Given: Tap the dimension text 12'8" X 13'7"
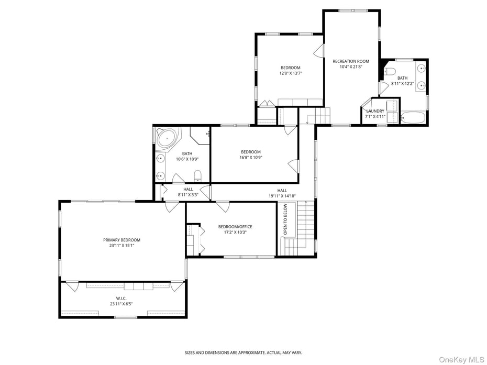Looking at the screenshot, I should (291, 73).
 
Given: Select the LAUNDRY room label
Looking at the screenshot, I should (375, 111).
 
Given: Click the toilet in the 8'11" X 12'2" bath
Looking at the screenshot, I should (390, 72).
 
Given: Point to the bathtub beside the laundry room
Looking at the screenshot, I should (414, 118).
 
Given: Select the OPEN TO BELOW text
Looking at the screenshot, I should (285, 219).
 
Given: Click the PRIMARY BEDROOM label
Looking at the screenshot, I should (121, 240).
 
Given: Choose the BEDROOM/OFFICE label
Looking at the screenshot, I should (235, 227).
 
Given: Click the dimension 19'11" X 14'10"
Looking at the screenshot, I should (282, 196).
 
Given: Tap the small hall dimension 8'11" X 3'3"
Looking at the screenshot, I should (188, 195).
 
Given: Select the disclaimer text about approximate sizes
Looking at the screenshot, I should (243, 352).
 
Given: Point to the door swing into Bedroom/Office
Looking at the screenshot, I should (223, 206).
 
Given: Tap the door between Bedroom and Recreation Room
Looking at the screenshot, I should (318, 51).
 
